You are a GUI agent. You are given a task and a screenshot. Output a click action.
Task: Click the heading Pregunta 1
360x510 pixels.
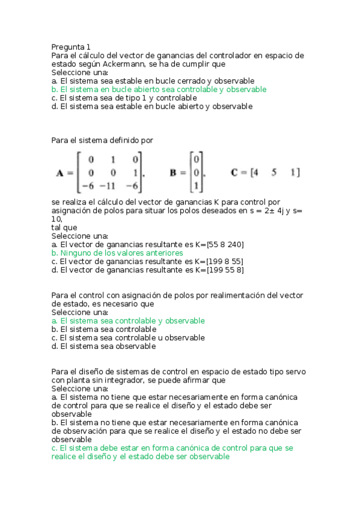tap(71, 47)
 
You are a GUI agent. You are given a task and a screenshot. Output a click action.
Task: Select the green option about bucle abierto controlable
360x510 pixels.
tap(159, 89)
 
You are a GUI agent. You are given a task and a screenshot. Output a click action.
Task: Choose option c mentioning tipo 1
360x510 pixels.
tap(124, 97)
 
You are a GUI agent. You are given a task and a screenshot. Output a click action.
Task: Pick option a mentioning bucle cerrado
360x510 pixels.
tap(153, 81)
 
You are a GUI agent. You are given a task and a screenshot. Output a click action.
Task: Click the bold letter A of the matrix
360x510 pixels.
tap(60, 173)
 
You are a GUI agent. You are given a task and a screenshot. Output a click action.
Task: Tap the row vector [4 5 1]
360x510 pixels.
tap(277, 173)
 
